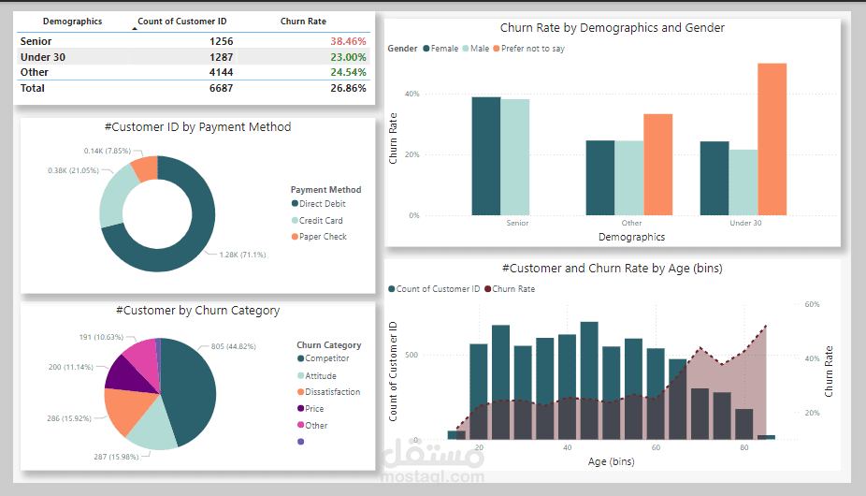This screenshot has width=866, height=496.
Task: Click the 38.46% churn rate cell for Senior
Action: [348, 41]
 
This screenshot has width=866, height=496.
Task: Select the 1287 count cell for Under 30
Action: [221, 57]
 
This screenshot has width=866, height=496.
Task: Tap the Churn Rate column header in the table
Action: [303, 21]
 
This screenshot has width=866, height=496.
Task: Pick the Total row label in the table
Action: [33, 88]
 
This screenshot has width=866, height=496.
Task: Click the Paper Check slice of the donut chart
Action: [145, 168]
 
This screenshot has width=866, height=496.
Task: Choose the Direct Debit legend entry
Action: [322, 204]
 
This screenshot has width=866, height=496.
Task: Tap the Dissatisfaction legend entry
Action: [331, 392]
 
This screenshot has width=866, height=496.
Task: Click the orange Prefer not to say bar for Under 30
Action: [772, 139]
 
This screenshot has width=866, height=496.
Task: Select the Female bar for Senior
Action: [485, 156]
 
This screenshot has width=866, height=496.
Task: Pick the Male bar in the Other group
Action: [628, 178]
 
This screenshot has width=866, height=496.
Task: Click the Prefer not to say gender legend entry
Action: [532, 49]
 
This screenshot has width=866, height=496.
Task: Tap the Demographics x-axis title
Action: [631, 237]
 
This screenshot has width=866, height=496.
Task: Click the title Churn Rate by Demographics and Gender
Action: [612, 29]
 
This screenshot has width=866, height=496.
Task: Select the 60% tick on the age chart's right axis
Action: [812, 304]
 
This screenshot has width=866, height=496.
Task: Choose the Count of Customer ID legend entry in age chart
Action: [438, 289]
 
